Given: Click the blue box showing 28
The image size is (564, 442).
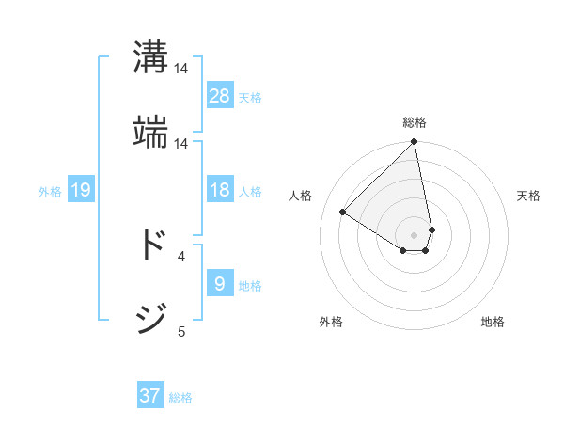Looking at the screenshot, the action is click(220, 95).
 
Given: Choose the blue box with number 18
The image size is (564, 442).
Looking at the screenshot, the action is click(220, 190).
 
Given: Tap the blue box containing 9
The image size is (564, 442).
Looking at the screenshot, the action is click(220, 283).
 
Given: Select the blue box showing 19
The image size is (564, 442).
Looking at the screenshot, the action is click(81, 190).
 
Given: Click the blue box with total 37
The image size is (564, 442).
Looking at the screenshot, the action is click(150, 396).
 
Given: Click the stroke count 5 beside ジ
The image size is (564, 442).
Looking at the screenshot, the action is click(181, 331).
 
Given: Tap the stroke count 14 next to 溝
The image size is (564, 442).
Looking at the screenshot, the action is click(181, 69).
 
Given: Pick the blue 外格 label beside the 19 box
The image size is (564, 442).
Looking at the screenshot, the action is click(50, 192).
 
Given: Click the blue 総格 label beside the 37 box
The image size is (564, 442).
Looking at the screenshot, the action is click(180, 398).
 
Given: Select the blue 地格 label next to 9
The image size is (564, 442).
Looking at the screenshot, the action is click(250, 285).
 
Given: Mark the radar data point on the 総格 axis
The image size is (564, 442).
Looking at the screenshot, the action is click(414, 143).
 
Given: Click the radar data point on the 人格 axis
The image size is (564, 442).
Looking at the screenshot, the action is click(343, 213).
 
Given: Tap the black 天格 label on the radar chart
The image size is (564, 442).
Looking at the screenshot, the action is click(528, 196).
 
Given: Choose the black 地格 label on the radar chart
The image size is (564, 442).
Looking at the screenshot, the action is click(493, 322).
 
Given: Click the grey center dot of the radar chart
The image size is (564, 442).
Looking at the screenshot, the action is click(414, 234).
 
